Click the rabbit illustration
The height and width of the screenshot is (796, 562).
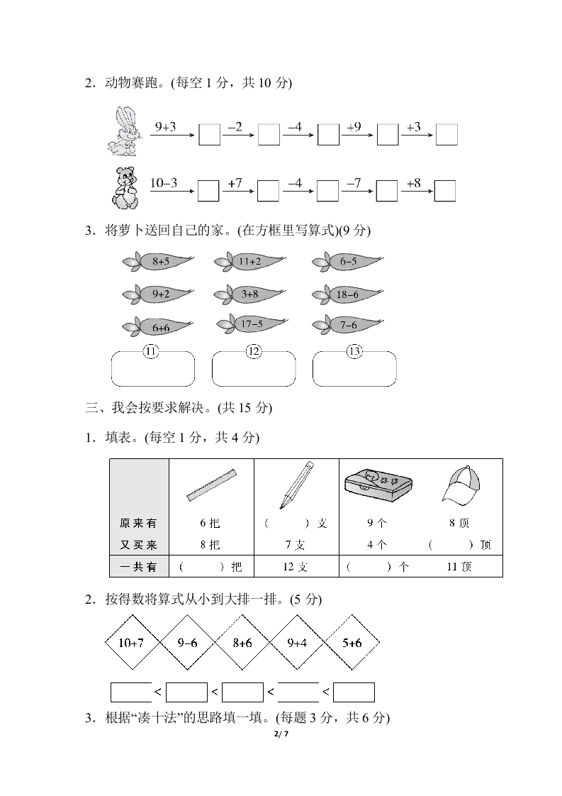pyautogui.click(x=123, y=131)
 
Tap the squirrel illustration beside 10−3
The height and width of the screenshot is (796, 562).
pyautogui.click(x=125, y=188)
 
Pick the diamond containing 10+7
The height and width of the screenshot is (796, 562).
pyautogui.click(x=131, y=643)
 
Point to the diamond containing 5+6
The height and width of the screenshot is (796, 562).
pyautogui.click(x=352, y=643)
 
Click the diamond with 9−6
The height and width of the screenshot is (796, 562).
pyautogui.click(x=187, y=643)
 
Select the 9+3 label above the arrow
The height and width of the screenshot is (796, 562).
pyautogui.click(x=165, y=127)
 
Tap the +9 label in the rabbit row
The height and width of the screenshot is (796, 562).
pyautogui.click(x=354, y=127)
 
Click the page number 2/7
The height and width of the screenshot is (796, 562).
pyautogui.click(x=281, y=734)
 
